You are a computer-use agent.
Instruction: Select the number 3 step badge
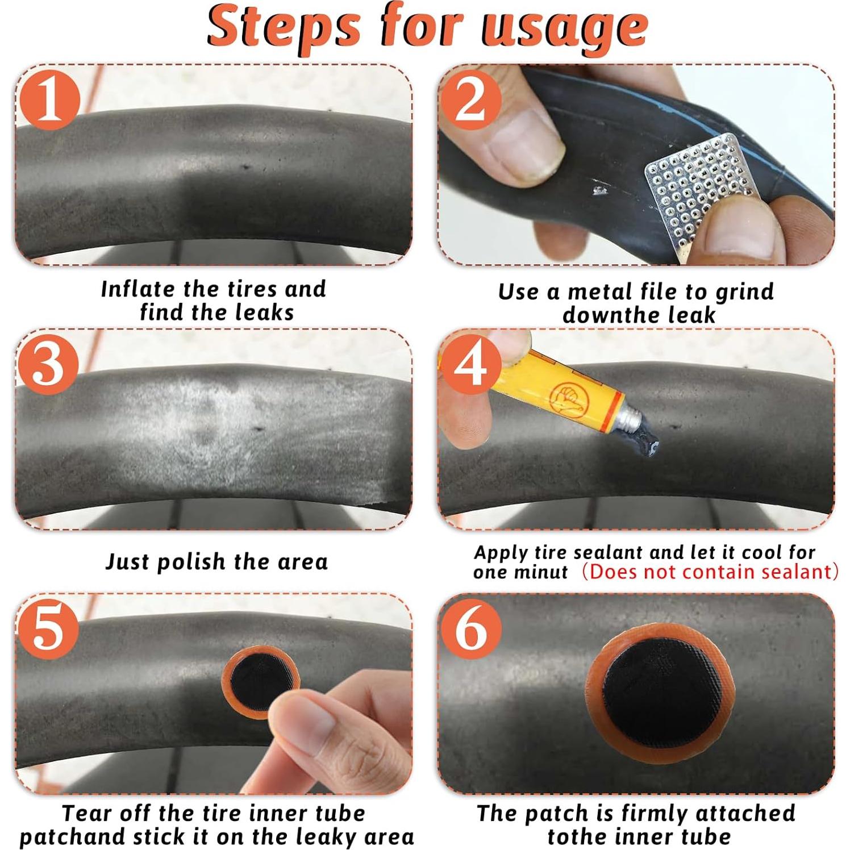pos(48,364)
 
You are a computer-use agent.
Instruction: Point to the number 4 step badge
pos(471,364)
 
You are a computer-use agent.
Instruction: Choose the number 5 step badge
pos(48,628)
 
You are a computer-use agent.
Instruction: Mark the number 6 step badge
pos(471,628)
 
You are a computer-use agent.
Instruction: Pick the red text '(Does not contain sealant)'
pos(710,571)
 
